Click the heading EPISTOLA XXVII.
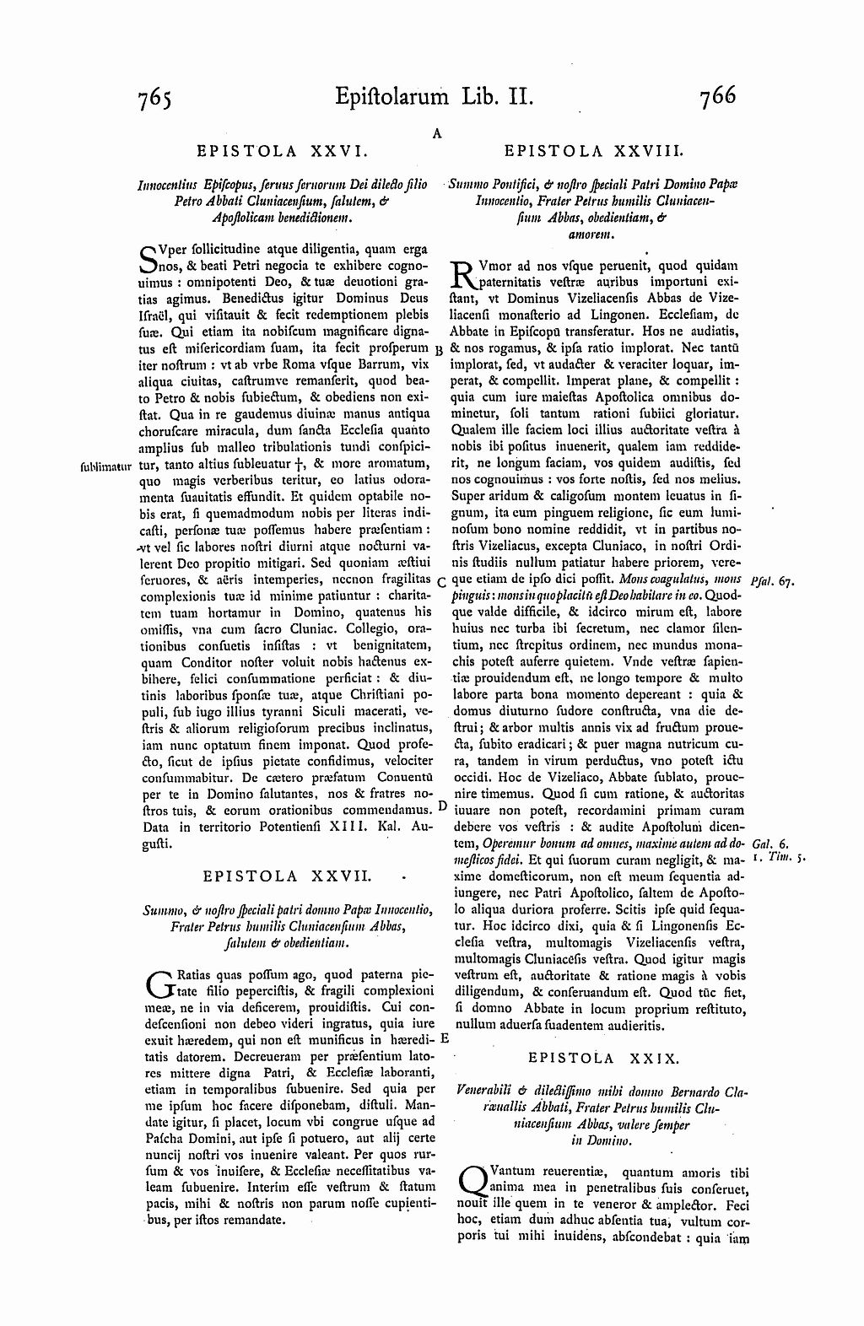pyautogui.click(x=286, y=876)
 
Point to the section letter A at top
pyautogui.click(x=438, y=132)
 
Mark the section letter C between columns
pyautogui.click(x=441, y=581)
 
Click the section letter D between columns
pyautogui.click(x=443, y=806)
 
